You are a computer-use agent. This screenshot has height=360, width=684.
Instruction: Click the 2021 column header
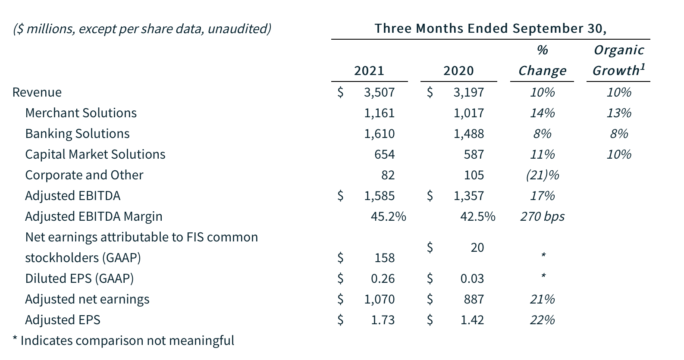pyautogui.click(x=369, y=71)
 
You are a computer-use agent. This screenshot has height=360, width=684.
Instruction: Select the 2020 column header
pyautogui.click(x=458, y=71)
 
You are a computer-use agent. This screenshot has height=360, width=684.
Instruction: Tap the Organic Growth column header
pyautogui.click(x=618, y=60)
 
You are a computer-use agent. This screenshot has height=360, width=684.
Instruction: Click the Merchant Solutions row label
pyautogui.click(x=81, y=113)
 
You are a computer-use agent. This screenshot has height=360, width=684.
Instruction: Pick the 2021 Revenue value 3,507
pyautogui.click(x=379, y=92)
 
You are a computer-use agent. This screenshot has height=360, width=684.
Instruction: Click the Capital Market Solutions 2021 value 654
pyautogui.click(x=384, y=154)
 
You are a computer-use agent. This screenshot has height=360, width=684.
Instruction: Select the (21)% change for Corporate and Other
pyautogui.click(x=542, y=175)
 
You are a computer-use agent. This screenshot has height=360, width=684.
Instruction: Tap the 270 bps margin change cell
pyautogui.click(x=542, y=216)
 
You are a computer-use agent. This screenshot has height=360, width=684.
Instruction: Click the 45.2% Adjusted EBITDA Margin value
pyautogui.click(x=388, y=216)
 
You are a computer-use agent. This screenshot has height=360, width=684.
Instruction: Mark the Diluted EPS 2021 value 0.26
pyautogui.click(x=383, y=279)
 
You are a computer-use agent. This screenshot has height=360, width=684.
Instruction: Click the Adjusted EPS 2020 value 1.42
pyautogui.click(x=472, y=320)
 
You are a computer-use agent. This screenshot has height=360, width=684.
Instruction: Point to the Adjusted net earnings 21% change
pyautogui.click(x=542, y=299)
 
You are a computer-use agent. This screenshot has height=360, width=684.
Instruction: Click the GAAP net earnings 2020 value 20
pyautogui.click(x=477, y=247)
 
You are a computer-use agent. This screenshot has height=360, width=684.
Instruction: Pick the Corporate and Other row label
pyautogui.click(x=84, y=175)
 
